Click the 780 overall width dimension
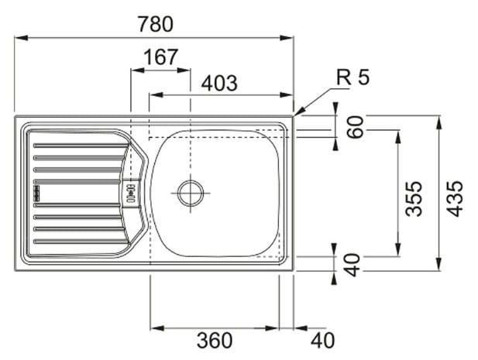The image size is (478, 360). [x=156, y=24]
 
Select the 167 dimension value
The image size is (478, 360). [x=160, y=57]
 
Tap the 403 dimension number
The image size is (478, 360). [x=219, y=83]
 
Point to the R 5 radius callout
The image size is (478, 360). [x=352, y=77]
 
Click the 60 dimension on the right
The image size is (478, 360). [x=356, y=127]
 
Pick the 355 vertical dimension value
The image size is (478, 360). [x=414, y=198]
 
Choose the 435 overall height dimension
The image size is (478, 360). [x=454, y=198]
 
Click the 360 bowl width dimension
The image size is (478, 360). [x=215, y=341]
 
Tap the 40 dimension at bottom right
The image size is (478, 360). [x=322, y=341]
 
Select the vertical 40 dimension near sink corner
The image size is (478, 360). [x=352, y=265]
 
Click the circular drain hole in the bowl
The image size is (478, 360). [x=191, y=193]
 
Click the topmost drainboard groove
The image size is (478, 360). [x=81, y=146]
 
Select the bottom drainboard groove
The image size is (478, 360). [x=81, y=242]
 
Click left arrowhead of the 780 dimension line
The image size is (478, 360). [x=22, y=38]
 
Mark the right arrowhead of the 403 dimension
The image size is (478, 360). [x=287, y=94]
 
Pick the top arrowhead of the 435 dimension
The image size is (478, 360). [x=438, y=122]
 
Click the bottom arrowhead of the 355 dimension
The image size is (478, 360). [x=397, y=250]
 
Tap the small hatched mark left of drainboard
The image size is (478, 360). [x=37, y=193]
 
